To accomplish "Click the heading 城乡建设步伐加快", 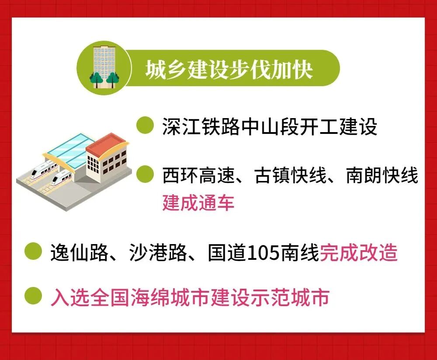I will [229, 70].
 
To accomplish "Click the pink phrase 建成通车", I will [198, 203].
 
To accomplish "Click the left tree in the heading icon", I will [96, 79].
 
